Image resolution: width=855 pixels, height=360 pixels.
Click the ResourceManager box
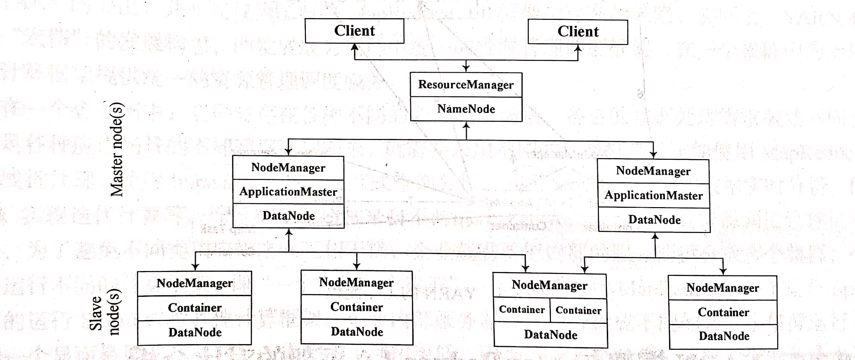tap(466, 85)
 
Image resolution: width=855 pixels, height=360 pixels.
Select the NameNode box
tap(466, 109)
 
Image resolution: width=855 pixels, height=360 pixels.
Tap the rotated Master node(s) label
tap(117, 149)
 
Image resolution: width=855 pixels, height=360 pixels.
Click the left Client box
tap(354, 31)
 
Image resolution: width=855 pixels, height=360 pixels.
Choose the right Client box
tap(578, 32)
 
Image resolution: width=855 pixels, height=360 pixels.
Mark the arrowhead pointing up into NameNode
tap(466, 126)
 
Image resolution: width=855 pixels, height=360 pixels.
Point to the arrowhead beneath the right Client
tap(578, 48)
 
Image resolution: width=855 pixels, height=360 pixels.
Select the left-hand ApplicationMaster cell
tap(288, 192)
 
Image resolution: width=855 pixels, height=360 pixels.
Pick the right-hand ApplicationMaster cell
tap(653, 196)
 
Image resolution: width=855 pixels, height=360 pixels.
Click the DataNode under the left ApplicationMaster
tap(289, 216)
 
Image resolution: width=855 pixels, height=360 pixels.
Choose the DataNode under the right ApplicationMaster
tap(654, 220)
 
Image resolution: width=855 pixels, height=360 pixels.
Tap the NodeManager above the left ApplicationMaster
tap(288, 167)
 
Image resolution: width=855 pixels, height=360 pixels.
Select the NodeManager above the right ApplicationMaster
tap(653, 171)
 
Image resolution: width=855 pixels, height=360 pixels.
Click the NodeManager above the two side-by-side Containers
tap(549, 285)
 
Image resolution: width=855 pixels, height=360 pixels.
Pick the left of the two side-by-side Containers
tap(522, 310)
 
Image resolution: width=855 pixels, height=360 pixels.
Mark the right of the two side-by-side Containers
tap(578, 310)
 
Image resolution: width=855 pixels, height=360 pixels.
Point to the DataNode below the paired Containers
tap(551, 335)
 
